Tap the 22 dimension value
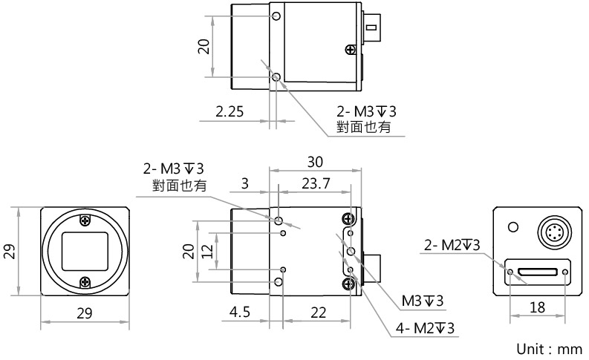point(319,313)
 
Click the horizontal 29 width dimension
point(85,313)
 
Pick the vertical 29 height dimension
point(10,252)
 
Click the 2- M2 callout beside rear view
point(451,244)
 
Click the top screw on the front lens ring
point(85,220)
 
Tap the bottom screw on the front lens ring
point(85,282)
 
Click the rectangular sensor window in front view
point(85,252)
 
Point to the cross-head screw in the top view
point(350,50)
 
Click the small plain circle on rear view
point(512,226)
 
